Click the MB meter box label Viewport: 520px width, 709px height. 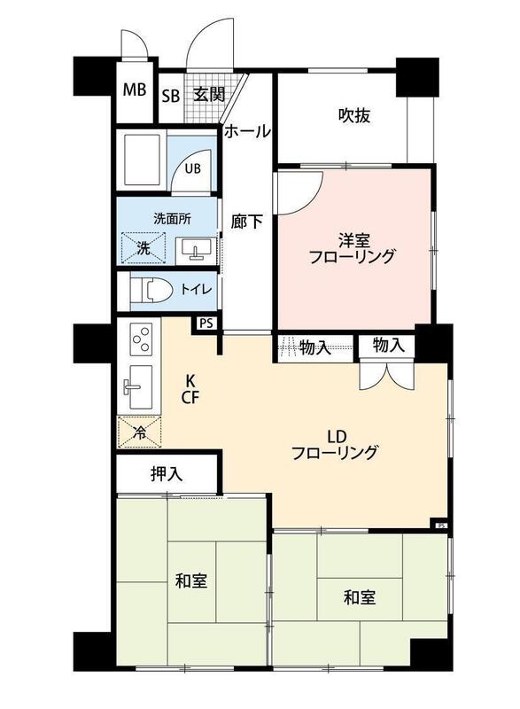click(135, 90)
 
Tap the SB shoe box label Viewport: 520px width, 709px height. click(171, 96)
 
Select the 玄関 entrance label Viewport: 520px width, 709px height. click(209, 95)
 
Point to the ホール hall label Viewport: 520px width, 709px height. click(247, 131)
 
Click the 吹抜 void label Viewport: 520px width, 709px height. click(354, 116)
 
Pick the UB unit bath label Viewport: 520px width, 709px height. click(192, 168)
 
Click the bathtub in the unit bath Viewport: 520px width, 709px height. click(141, 160)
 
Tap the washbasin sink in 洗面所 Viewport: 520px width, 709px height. click(196, 250)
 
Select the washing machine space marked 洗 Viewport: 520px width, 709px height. click(144, 248)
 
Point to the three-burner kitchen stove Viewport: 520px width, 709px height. click(141, 339)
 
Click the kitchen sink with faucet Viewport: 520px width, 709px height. click(138, 386)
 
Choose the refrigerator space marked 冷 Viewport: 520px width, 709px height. click(140, 432)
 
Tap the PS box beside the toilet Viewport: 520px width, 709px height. click(206, 323)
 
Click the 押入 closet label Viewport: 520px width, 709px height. click(167, 474)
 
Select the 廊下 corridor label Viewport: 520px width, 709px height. click(246, 222)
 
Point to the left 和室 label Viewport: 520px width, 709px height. click(191, 580)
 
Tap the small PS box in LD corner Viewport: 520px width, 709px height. click(441, 526)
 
